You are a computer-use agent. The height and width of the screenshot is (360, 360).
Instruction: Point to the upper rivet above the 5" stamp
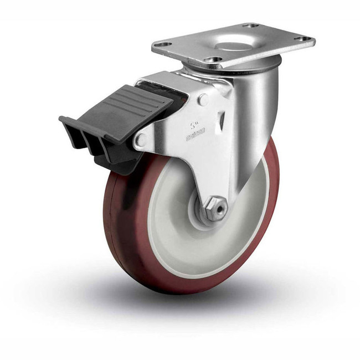[x=203, y=100]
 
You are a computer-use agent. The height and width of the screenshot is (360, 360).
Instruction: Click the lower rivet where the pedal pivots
[x=141, y=139]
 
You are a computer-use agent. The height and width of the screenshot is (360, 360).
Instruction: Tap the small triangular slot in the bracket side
[x=222, y=119]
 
